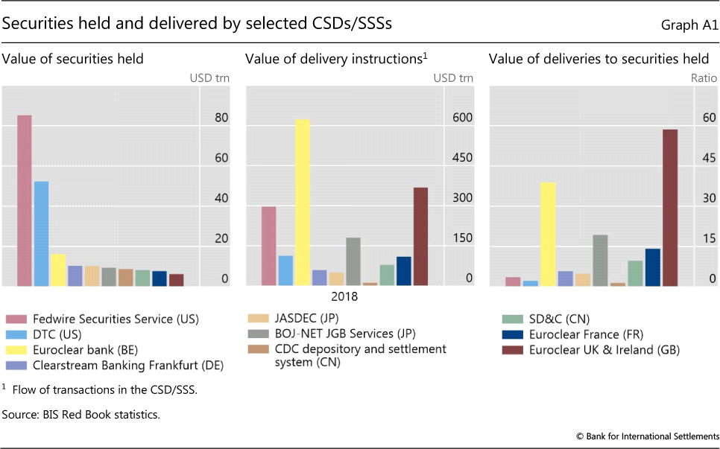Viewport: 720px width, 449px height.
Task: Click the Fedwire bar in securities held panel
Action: click(x=24, y=201)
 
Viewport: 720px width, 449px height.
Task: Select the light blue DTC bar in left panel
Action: click(x=41, y=234)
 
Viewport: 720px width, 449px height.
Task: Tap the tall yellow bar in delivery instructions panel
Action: click(x=303, y=203)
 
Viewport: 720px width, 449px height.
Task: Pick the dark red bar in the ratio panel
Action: click(x=669, y=208)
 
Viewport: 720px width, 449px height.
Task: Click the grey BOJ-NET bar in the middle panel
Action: click(x=353, y=261)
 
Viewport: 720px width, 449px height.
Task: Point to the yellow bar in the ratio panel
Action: click(x=548, y=234)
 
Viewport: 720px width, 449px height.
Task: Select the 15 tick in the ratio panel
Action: click(x=707, y=239)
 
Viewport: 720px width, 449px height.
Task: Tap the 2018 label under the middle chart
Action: click(x=345, y=296)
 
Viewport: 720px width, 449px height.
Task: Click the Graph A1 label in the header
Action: click(x=689, y=25)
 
